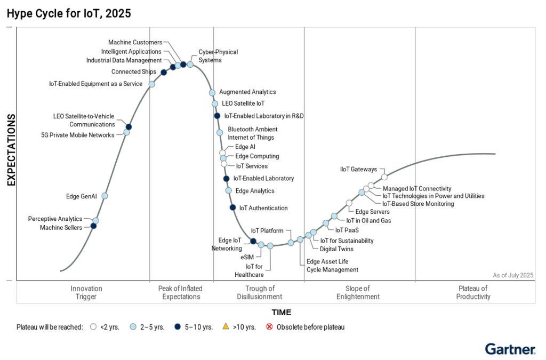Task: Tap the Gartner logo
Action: coord(510,349)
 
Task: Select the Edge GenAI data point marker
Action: coord(105,196)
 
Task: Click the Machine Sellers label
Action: coord(61,228)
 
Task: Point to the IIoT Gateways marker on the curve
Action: coord(384,177)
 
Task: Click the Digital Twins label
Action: coord(336,249)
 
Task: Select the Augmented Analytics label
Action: coord(247,92)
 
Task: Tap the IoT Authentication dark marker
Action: coord(232,207)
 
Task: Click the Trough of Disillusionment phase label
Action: coord(260,292)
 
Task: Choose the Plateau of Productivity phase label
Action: coord(473,292)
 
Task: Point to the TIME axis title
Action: coord(282,313)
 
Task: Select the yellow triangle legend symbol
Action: coord(225,326)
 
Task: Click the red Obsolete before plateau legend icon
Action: coord(269,326)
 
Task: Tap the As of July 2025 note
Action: coord(512,275)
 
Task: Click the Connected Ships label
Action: coord(134,72)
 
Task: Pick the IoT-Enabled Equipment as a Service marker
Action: coord(152,84)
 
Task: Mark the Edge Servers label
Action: coord(372,212)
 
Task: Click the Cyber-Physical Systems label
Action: coord(218,56)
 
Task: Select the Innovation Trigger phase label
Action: coord(86,292)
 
